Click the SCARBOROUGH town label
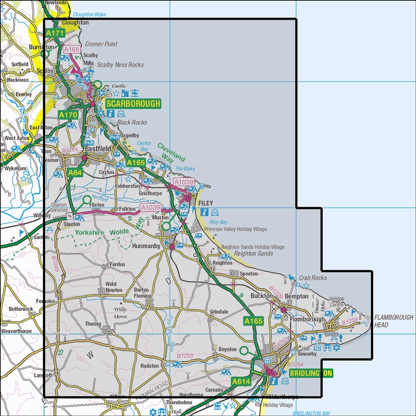point(133,104)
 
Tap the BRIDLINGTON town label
point(311,373)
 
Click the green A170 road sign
point(68,115)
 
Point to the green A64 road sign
point(75,173)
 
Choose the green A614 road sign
point(241,381)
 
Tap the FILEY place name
point(206,203)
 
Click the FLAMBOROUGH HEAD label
point(394,321)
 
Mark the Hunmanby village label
point(149,246)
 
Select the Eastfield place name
point(98,149)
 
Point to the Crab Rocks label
point(312,277)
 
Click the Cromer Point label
point(101,44)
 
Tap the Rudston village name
point(150,366)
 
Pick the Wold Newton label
point(114,287)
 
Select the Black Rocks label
point(132,122)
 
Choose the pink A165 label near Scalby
point(71,50)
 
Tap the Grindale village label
point(219,312)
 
